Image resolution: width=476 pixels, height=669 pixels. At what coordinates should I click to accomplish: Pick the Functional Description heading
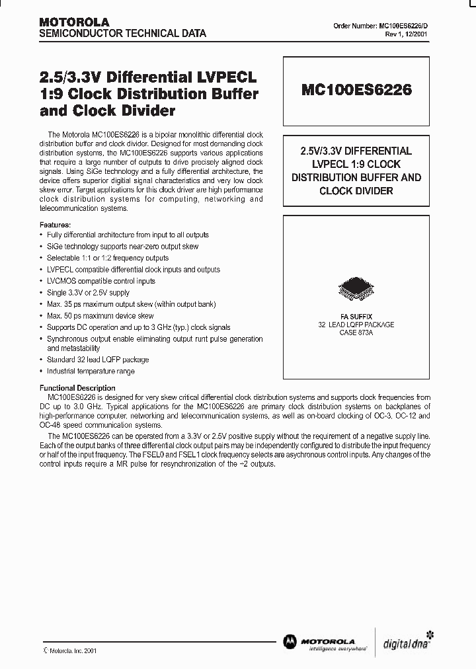click(x=77, y=388)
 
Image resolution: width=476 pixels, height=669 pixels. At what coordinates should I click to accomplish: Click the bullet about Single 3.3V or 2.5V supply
click(x=89, y=293)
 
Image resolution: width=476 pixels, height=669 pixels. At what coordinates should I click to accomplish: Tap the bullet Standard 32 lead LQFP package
click(x=98, y=360)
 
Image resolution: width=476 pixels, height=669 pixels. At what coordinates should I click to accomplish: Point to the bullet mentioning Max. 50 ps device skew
click(x=100, y=316)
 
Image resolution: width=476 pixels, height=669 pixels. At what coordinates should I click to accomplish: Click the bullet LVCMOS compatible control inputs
click(x=101, y=281)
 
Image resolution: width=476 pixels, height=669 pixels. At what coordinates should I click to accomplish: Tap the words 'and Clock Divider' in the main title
click(x=107, y=111)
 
